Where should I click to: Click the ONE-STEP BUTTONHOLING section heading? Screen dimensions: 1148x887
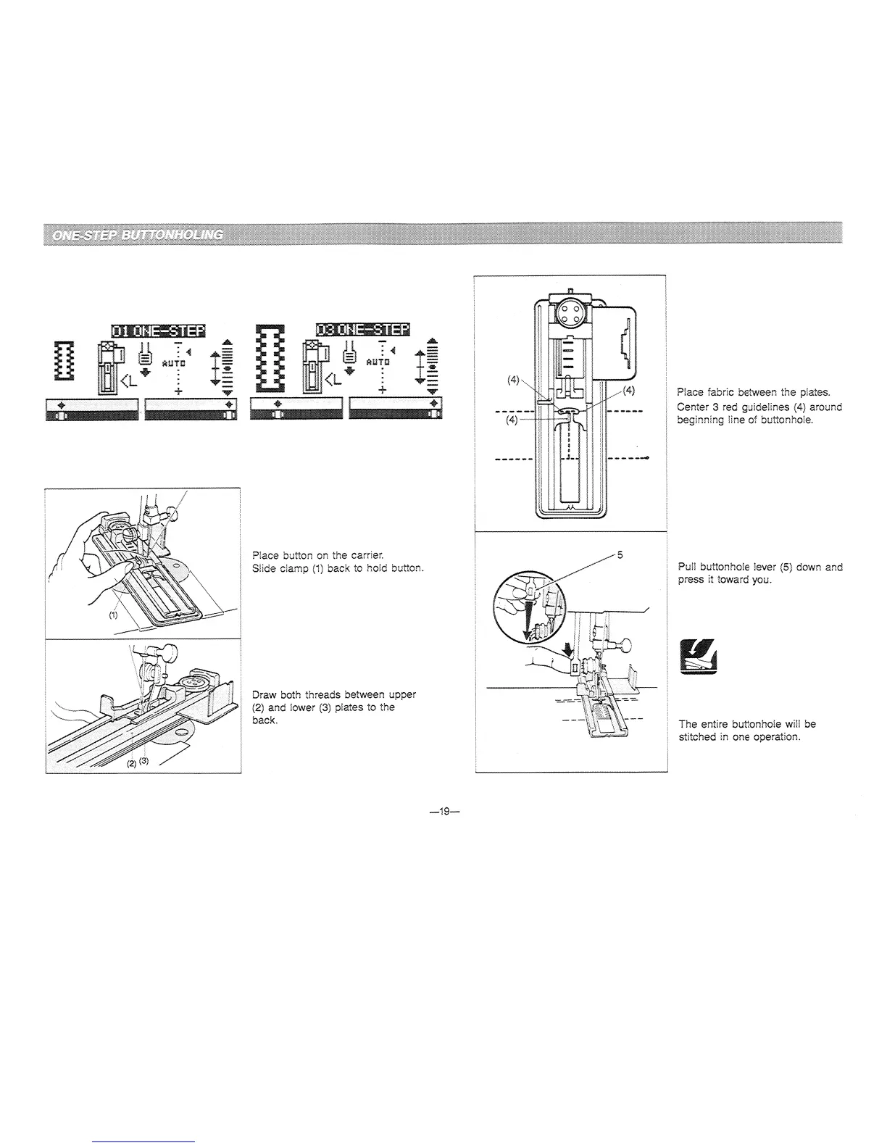pos(138,234)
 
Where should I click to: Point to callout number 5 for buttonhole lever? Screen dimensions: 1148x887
pos(620,555)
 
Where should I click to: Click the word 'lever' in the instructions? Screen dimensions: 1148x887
pos(762,567)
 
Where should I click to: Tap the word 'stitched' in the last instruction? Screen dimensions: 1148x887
pos(697,737)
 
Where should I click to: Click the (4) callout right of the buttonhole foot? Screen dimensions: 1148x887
pos(628,391)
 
